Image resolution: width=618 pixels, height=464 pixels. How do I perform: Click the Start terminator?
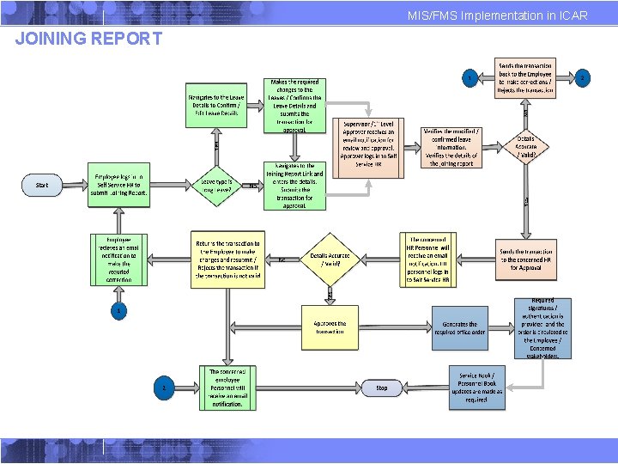(42, 185)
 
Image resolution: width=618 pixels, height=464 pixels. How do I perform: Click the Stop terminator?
(382, 388)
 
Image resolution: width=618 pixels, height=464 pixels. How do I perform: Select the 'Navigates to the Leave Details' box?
(216, 106)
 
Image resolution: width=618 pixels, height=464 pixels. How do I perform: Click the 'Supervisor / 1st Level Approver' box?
(368, 143)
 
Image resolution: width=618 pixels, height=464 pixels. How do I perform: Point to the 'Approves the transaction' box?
(330, 328)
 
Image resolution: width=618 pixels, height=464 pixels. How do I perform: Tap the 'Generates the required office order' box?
(460, 328)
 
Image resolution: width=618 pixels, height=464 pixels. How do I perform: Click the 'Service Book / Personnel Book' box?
(477, 388)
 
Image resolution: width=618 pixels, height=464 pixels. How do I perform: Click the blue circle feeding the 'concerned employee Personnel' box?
(163, 388)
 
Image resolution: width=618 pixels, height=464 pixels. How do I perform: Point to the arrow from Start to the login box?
(74, 185)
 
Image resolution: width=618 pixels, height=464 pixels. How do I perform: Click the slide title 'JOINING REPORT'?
(89, 39)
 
